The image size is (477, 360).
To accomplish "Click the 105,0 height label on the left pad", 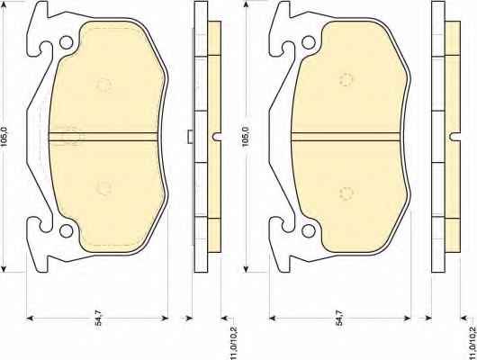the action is (x=4, y=137).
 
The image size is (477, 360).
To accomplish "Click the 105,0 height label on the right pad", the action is (x=246, y=137).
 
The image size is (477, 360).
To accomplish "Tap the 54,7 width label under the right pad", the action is (x=339, y=318).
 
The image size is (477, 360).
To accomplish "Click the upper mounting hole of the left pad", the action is (x=66, y=42).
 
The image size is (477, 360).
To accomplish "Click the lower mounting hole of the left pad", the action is (x=66, y=231).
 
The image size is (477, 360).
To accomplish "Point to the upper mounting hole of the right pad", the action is (x=309, y=42).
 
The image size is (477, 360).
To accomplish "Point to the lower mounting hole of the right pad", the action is (x=309, y=231).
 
